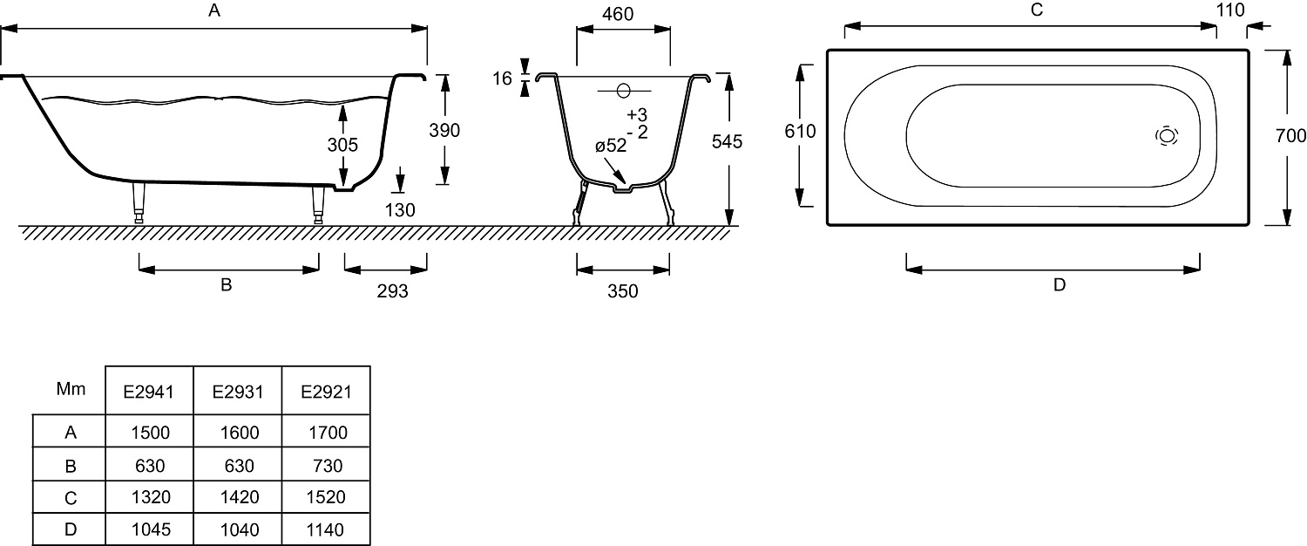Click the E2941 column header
149,392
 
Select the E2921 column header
326,392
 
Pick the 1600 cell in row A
240,433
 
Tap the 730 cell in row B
328,466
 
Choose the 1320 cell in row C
151,497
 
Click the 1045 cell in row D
151,529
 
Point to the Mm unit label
71,389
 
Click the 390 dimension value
444,130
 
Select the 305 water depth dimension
342,145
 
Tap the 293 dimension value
392,290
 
